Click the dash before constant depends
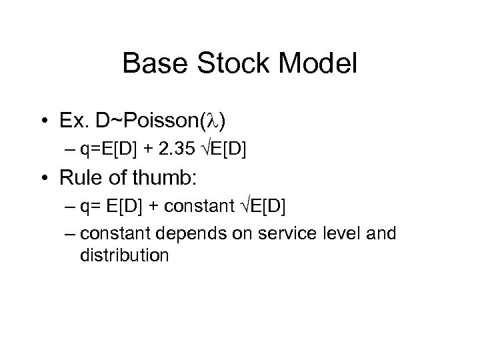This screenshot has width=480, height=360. click(70, 234)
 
